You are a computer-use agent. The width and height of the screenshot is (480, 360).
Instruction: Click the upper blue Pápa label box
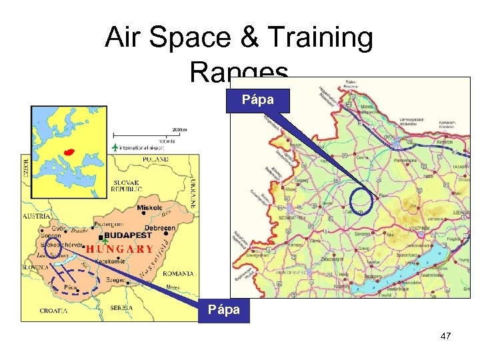(259, 99)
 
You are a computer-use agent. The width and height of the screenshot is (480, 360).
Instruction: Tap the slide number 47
(445, 336)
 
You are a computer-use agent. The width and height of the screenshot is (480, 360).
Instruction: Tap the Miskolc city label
(149, 208)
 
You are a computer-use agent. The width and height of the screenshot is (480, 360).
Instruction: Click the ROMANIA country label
(176, 273)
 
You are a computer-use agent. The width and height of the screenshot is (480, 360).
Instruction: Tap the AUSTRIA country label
(36, 217)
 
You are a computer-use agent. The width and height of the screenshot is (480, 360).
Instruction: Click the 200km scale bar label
(179, 129)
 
